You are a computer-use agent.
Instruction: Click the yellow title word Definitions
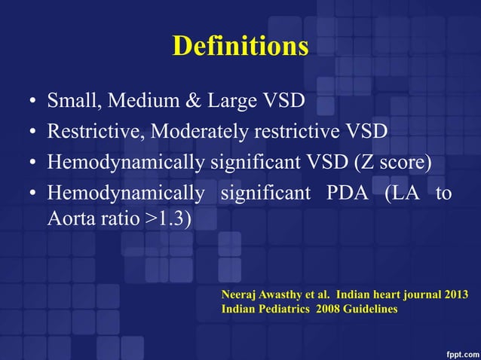[x=240, y=47]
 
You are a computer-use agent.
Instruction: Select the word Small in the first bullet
[x=72, y=101]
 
